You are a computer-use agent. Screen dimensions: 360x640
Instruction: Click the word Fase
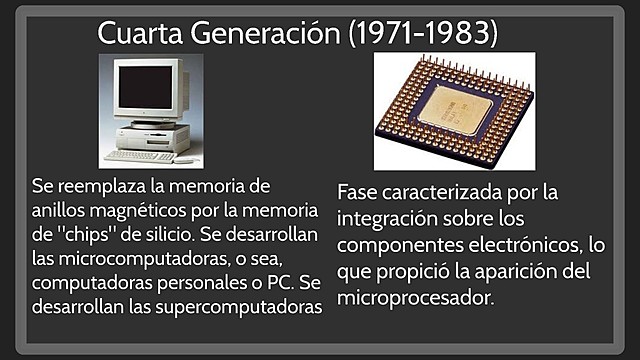click(361, 191)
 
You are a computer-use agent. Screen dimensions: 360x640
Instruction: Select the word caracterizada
click(459, 191)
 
